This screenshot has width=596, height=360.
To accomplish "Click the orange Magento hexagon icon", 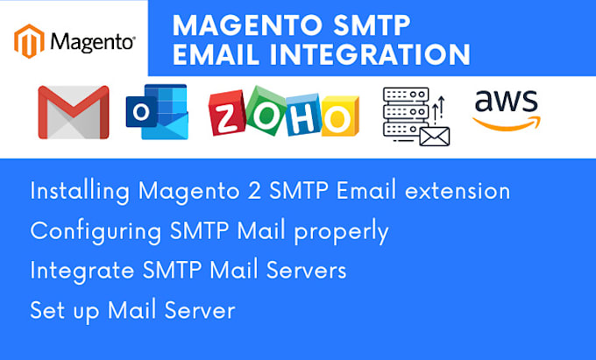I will point(30,40).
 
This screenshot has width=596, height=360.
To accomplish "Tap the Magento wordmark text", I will point(92,41).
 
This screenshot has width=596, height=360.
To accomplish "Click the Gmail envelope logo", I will point(73,112).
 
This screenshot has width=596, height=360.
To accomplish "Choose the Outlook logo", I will point(157,111).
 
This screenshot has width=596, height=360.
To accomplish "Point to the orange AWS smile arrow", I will point(508,123).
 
